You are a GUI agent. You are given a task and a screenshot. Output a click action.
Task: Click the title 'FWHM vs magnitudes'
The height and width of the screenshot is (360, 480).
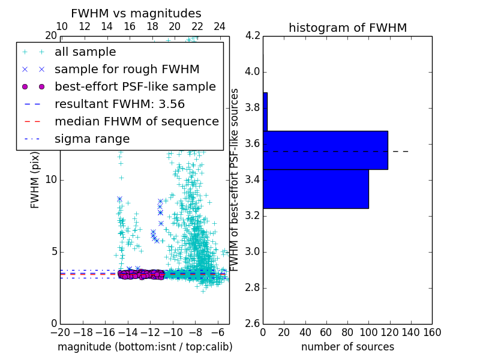tap(136, 14)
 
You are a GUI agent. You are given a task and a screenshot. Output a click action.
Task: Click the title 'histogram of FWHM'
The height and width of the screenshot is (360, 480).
tap(347, 28)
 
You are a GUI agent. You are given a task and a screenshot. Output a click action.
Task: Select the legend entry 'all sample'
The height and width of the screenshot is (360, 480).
tap(85, 52)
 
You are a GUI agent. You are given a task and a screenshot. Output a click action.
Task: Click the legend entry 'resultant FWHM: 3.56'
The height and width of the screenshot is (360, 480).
tap(119, 104)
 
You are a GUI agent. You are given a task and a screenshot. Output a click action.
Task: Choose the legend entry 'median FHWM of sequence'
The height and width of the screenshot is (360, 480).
tap(136, 121)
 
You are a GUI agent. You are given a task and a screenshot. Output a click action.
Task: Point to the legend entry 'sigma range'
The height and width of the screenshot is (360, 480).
tap(92, 139)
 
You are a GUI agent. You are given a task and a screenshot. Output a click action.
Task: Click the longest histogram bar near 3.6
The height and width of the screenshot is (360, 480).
tap(325, 150)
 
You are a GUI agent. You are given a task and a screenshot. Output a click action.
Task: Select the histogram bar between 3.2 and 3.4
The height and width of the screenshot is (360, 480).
tap(316, 189)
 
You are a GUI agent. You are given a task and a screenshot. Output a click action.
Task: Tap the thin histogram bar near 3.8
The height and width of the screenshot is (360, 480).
tap(265, 112)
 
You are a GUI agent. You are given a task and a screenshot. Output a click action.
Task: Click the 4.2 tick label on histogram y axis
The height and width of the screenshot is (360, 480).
tap(252, 36)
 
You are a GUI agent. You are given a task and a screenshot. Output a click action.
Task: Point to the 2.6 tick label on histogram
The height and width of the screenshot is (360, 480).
tap(252, 324)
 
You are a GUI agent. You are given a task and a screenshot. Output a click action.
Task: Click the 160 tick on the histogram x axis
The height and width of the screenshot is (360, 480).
tap(432, 332)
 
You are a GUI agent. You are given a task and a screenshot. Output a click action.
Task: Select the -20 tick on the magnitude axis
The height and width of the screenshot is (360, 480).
tap(60, 332)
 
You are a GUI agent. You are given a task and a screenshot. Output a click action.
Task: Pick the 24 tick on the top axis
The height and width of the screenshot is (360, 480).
tap(220, 27)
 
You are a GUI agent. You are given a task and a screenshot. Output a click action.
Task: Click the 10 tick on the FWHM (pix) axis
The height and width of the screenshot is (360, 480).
tap(50, 180)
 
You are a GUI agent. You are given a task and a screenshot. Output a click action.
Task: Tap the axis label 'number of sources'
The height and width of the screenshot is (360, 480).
tap(347, 347)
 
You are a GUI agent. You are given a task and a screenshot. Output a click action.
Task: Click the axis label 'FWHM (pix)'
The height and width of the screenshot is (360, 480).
tap(35, 180)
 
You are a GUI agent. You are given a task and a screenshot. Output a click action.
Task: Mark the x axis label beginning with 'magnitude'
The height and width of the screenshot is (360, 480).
tap(145, 347)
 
